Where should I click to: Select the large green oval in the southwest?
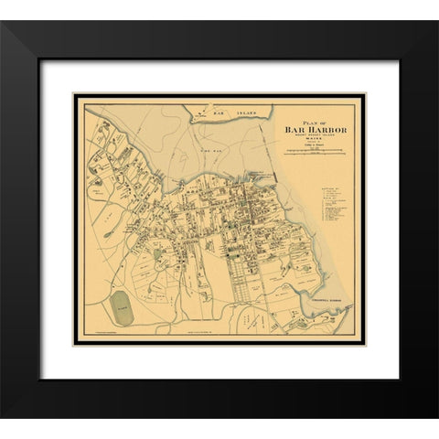click(x=122, y=308)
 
